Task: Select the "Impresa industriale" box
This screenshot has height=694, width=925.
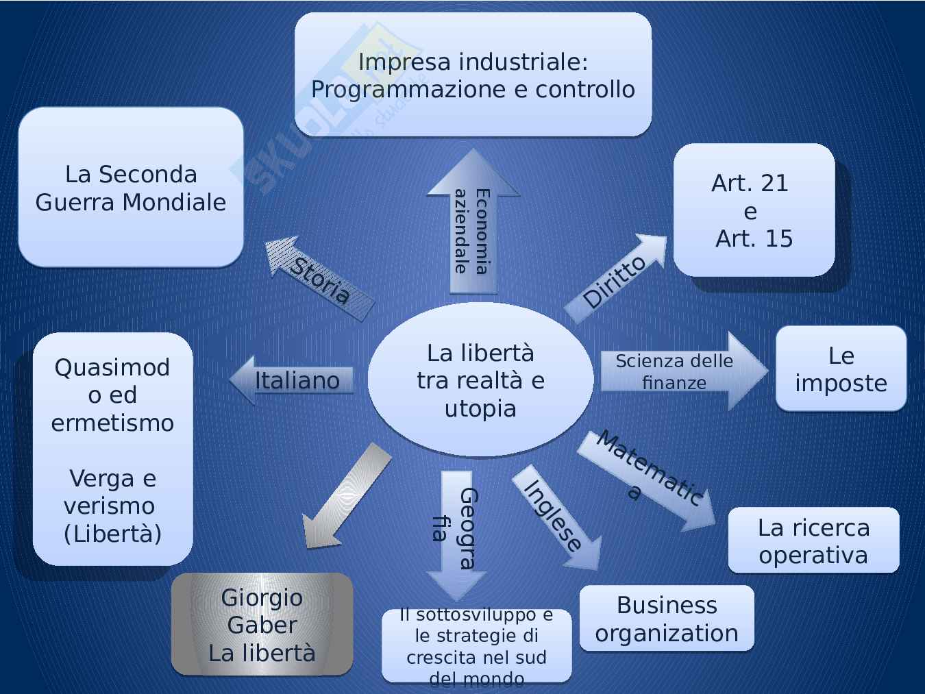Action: pos(473,75)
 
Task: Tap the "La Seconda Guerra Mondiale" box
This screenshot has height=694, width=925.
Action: pos(130,187)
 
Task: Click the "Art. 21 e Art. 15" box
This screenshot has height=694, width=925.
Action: pos(753,210)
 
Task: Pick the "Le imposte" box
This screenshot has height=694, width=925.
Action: pos(841,369)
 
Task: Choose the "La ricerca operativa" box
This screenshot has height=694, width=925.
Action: pos(813,541)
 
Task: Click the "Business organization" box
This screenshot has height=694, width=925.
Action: pos(667,619)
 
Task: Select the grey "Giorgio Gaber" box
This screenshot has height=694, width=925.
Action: pos(262,624)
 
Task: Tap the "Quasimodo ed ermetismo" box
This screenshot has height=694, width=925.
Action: pos(112,449)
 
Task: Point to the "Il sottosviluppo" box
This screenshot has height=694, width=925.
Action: pos(476,646)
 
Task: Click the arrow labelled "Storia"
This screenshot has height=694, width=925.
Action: pos(319,279)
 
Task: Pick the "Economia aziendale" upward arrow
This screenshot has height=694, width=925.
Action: pos(472,226)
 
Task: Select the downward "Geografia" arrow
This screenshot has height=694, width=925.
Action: pos(456,528)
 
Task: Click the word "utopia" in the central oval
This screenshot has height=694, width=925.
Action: pos(480,408)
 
